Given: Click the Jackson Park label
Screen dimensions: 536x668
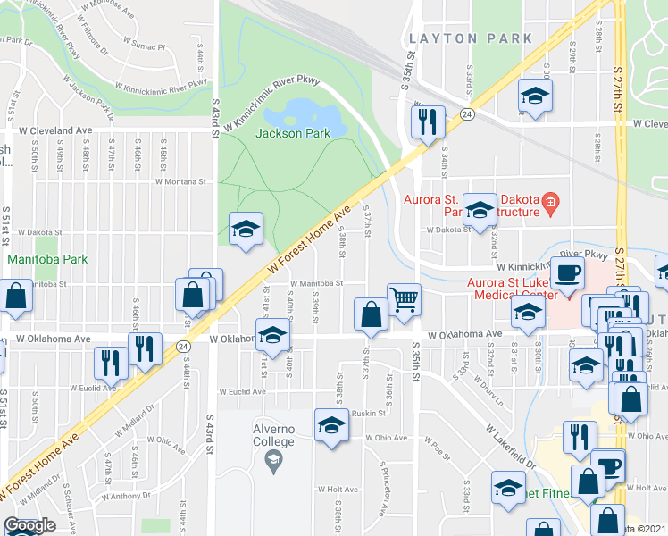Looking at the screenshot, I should point(293,133).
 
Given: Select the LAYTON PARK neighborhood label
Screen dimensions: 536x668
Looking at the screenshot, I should point(471,38).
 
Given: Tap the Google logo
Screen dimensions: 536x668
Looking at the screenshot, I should point(29,525).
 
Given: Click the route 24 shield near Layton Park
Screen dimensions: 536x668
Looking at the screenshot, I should point(466,114).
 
